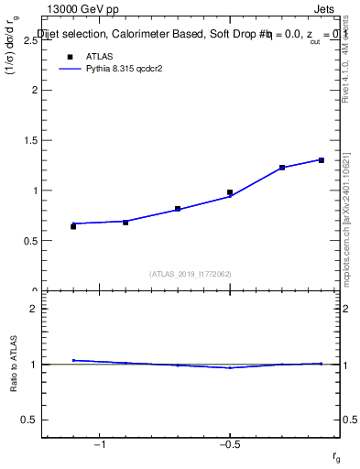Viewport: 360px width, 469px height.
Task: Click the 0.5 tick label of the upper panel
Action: click(x=29, y=241)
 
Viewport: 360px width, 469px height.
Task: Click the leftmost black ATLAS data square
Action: click(x=73, y=225)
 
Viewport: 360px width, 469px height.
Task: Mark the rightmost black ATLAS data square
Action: click(x=322, y=160)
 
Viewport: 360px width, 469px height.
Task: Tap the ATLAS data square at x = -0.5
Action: click(x=230, y=192)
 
